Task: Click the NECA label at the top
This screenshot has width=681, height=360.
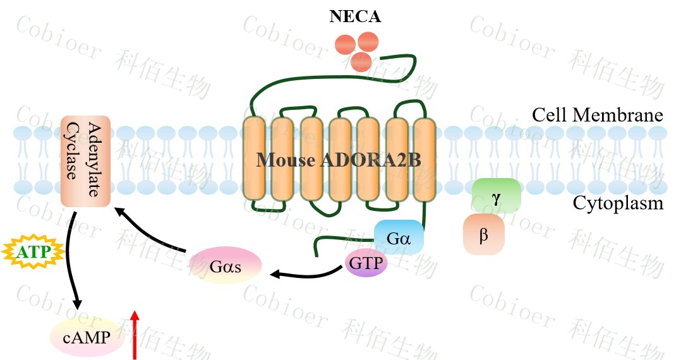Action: click(x=355, y=17)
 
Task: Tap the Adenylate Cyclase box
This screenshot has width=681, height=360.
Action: click(x=86, y=160)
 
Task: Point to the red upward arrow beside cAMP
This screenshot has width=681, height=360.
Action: click(x=134, y=334)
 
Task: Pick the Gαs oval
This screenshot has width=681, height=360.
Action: click(x=226, y=265)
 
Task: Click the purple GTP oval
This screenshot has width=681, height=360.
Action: click(x=366, y=263)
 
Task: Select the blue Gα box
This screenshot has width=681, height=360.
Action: click(x=399, y=237)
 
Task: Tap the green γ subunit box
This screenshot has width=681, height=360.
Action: click(x=496, y=196)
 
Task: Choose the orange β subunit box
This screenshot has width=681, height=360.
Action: click(x=484, y=234)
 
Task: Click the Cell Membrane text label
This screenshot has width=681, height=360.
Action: click(x=597, y=116)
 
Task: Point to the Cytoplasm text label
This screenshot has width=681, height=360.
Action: click(x=618, y=203)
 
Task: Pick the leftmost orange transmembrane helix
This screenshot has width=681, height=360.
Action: click(x=253, y=160)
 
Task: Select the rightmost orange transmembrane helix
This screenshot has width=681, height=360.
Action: click(x=424, y=160)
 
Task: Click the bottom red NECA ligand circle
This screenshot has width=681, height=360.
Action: click(x=361, y=61)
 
